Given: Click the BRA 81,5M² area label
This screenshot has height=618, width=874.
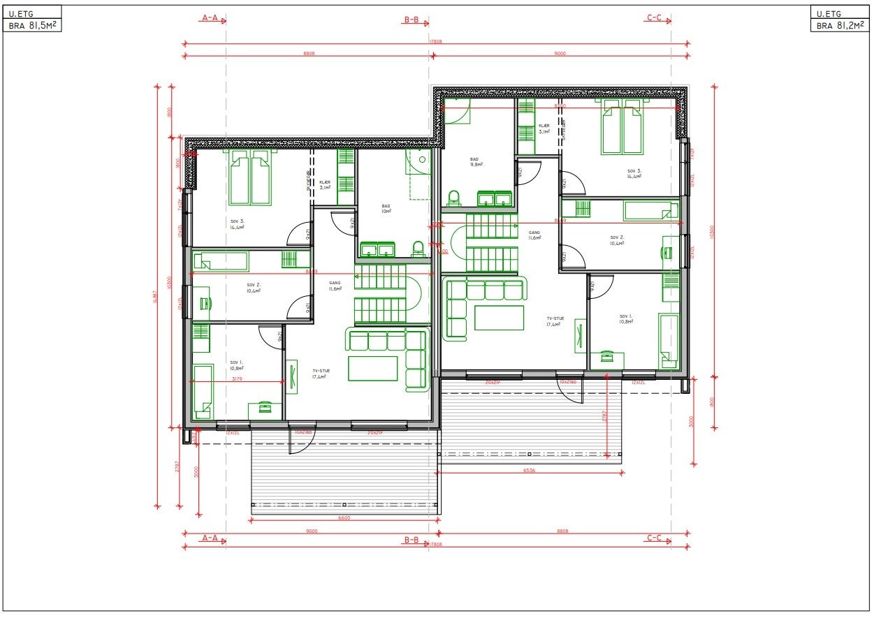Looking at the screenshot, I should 32,26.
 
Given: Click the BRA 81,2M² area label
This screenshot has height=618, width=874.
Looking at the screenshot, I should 840,26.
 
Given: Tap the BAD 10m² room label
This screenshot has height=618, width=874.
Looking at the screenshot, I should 386,208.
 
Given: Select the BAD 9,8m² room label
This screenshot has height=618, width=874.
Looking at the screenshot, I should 476,162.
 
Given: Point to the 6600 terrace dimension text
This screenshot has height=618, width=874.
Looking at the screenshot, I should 344,518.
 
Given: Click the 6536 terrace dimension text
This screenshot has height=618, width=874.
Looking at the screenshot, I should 530,471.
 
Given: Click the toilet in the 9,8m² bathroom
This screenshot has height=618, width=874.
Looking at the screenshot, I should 453,198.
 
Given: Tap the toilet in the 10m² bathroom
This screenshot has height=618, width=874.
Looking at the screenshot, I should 418,248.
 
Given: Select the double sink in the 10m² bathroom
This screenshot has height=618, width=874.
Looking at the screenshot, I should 377,249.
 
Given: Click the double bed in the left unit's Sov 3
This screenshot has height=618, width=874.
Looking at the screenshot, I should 250,177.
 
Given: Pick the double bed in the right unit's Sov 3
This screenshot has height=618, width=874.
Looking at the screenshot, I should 622,126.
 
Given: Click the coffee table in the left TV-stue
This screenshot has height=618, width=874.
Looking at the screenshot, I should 372,368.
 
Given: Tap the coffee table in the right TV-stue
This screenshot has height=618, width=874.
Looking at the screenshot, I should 499,318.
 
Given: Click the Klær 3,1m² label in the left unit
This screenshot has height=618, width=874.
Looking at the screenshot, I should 325,184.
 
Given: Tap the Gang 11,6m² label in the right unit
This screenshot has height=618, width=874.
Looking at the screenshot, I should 534,235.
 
